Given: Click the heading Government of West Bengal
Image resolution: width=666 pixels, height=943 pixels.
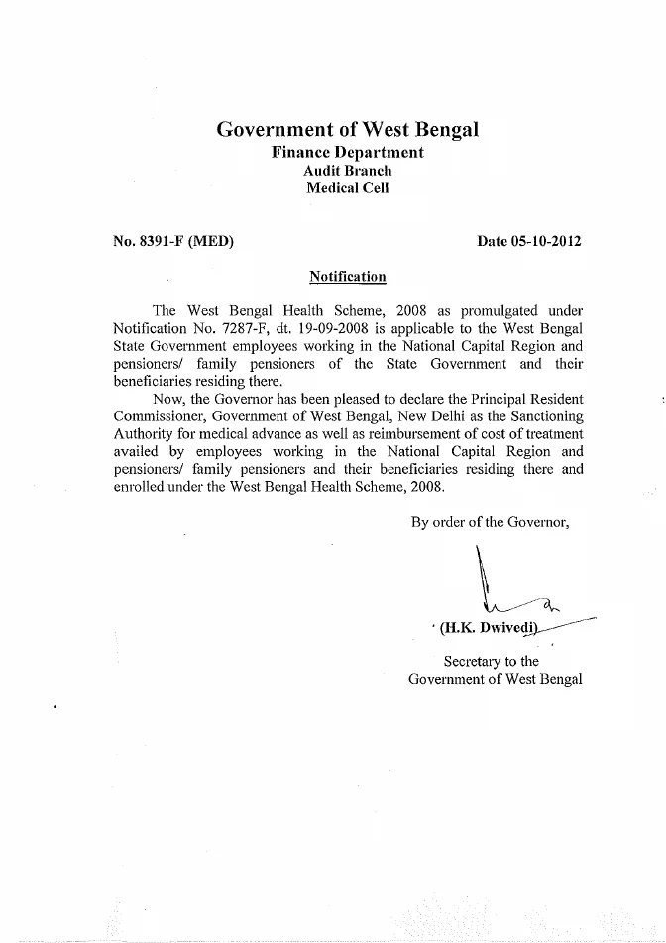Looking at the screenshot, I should coord(348,129).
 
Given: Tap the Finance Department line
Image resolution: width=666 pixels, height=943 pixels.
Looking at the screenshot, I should coord(348,152).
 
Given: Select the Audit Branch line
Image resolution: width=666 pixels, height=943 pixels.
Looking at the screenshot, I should coord(348,170).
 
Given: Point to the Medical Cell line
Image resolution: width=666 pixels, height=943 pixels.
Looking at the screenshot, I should coord(348,187).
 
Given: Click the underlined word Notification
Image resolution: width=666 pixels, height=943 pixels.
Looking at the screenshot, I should coord(348,275).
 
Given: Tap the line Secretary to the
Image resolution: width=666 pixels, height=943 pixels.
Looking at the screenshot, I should coord(492,661).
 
